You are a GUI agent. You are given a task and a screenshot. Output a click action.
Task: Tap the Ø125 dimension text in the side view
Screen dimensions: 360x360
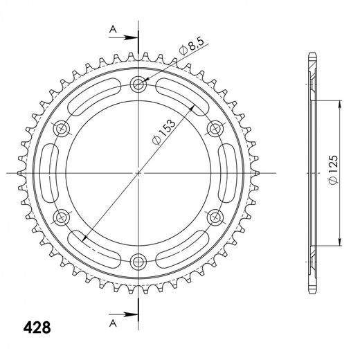point(332,170)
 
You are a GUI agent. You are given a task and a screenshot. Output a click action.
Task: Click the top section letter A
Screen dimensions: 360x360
point(111,29)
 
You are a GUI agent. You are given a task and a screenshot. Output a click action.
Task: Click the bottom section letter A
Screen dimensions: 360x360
point(111,322)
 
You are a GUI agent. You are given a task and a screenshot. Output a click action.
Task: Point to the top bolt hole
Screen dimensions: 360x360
point(138,84)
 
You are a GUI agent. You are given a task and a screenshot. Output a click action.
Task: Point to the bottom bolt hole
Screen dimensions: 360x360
point(138,261)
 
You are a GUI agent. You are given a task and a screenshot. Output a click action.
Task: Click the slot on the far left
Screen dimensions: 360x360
point(50,172)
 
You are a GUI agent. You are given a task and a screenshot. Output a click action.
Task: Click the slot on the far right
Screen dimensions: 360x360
point(227,172)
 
